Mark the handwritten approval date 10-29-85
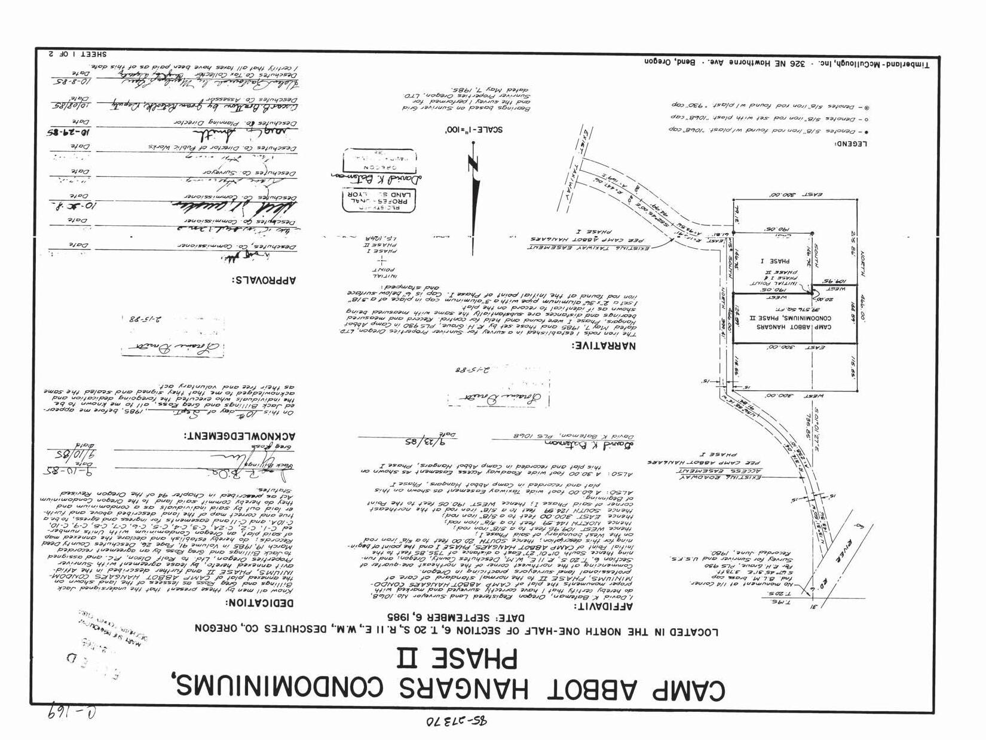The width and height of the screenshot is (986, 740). pos(67,130)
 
